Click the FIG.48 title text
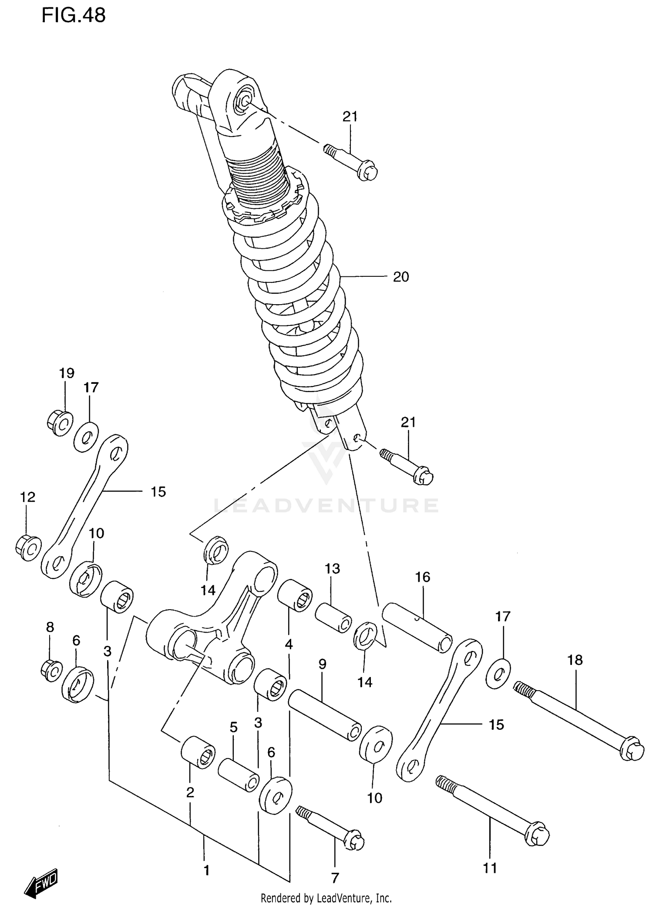coord(73,16)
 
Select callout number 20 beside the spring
coord(401,277)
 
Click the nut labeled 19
coord(59,422)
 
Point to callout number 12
coord(28,497)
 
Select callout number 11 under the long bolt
coord(490,868)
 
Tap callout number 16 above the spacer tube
coord(422,577)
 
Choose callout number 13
coord(332,569)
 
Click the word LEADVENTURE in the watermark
coord(326,506)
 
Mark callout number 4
coord(289,644)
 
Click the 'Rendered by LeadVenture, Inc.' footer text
coord(326,898)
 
